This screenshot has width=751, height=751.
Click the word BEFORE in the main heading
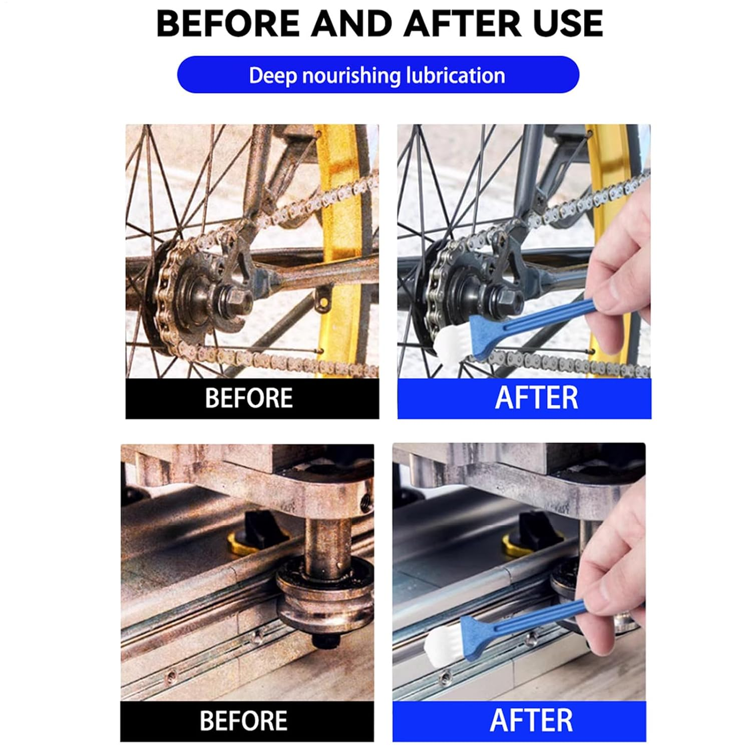point(228,24)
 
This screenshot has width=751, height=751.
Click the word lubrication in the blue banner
point(456,76)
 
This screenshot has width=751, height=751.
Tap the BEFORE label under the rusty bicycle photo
point(249,398)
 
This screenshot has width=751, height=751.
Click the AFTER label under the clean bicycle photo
point(536,398)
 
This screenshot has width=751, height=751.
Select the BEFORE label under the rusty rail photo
point(244,721)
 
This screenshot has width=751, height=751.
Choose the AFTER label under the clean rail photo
point(531,720)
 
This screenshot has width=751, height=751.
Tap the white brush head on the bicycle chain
point(451,340)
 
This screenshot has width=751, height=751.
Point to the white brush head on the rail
point(444,642)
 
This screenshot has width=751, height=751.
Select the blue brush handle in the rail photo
point(521,626)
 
